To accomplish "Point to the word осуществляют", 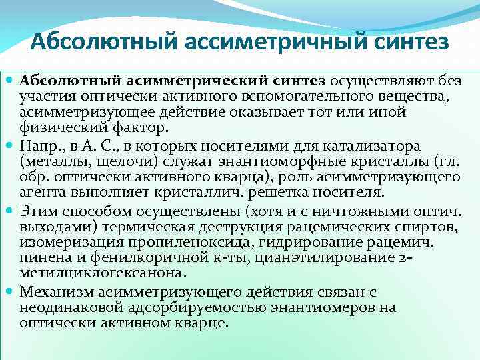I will tap(376, 81).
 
